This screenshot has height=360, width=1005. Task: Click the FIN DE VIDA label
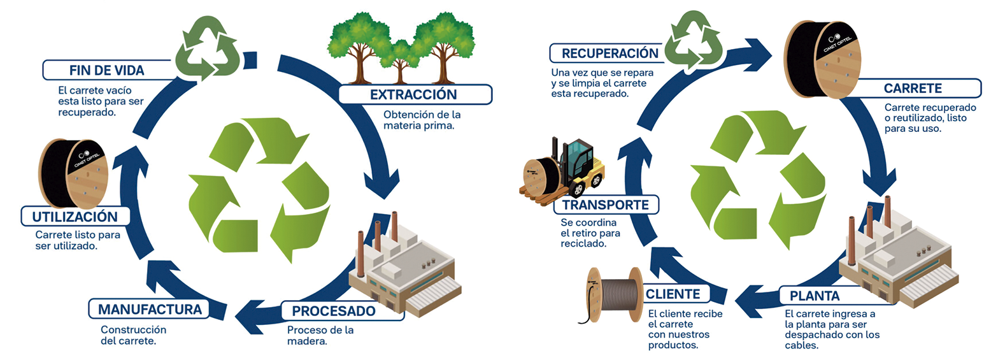107,70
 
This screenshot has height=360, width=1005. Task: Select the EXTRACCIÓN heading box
414,94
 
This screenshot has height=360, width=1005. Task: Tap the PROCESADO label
334,311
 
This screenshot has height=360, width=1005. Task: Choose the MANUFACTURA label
150,309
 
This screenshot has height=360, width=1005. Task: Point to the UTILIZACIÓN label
75,217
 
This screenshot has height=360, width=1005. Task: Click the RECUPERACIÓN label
609,54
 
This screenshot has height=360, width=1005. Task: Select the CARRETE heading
912,88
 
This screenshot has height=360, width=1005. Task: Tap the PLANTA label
815,296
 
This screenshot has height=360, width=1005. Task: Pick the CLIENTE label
673,294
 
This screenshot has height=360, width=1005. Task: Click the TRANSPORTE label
605,205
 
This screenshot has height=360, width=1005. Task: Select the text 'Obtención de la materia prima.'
422,120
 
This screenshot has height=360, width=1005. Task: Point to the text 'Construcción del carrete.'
133,335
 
